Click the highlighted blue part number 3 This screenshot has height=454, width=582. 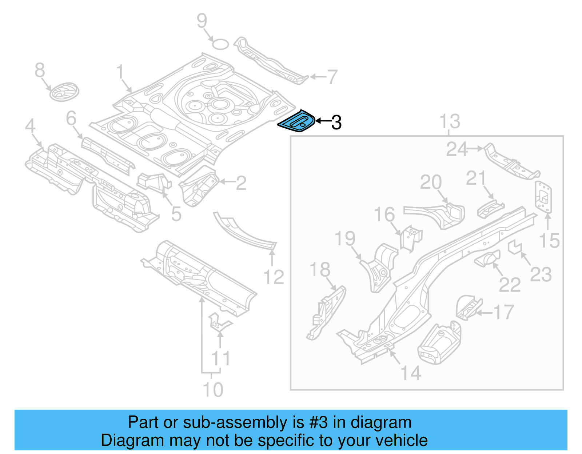click(x=296, y=122)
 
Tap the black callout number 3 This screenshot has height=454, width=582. click(x=336, y=122)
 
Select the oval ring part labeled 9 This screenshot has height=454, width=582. click(x=220, y=44)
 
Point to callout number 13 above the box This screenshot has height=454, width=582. click(x=450, y=121)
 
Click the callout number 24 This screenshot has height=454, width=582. click(x=457, y=149)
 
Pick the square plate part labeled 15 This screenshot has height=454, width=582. click(x=543, y=196)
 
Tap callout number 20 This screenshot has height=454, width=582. click(x=431, y=182)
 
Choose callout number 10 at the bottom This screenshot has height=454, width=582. click(x=213, y=390)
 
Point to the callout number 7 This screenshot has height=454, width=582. click(x=332, y=77)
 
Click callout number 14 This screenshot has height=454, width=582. click(x=411, y=373)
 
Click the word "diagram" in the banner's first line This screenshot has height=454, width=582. click(x=380, y=423)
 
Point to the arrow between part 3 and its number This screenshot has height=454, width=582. click(x=322, y=121)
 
